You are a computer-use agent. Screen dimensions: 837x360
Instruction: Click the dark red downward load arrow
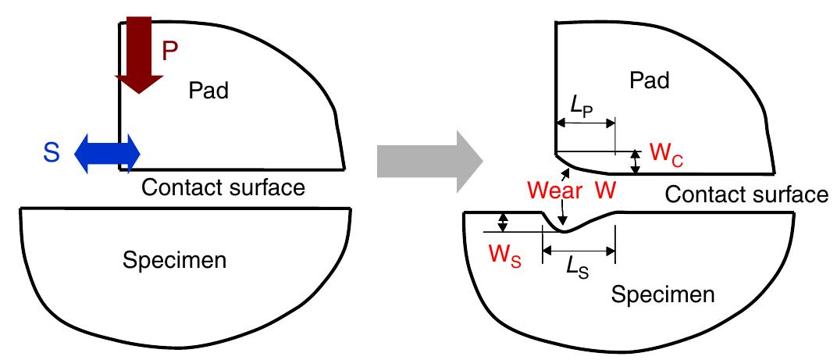(139, 53)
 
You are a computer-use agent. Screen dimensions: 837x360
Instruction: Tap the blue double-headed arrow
(107, 154)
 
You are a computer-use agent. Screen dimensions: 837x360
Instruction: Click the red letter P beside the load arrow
(169, 52)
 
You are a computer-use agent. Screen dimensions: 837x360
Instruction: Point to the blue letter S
(52, 153)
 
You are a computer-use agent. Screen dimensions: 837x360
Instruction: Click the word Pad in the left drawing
(208, 91)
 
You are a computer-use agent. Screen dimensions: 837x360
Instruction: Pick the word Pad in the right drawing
(649, 80)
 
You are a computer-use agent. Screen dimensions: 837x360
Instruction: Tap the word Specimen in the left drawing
(175, 260)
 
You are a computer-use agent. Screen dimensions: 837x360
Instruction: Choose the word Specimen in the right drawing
(662, 294)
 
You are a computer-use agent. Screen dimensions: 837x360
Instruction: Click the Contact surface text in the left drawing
(223, 187)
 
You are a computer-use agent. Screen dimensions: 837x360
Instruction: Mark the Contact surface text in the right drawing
(746, 195)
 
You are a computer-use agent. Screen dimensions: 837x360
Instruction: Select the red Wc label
(667, 155)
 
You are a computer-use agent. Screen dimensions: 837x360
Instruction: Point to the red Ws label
(505, 258)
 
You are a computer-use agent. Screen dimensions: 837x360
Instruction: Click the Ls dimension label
(578, 269)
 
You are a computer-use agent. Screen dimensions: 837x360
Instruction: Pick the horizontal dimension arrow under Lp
(586, 123)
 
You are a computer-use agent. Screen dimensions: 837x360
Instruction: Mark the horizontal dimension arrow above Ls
(579, 249)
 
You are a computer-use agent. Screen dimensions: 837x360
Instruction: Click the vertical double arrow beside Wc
(636, 162)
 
